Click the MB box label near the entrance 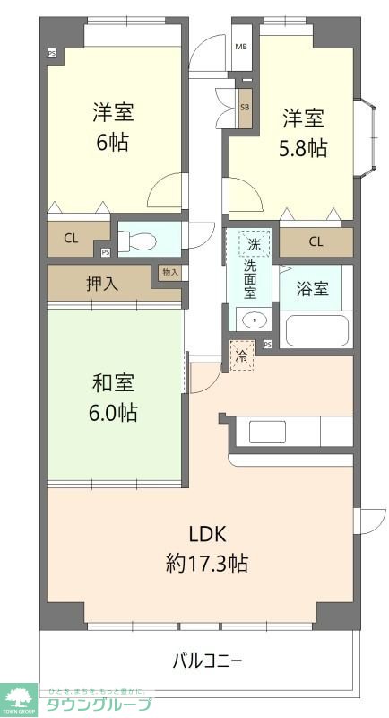241,48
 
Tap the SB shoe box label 245,107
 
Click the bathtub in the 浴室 316,329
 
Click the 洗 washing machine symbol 254,244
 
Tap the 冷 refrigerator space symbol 242,356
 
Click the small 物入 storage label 169,272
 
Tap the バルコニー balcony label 207,662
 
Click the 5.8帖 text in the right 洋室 304,148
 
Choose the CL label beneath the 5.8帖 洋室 316,241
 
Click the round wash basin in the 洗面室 252,319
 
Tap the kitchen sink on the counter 267,432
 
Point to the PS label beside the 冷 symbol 267,345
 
